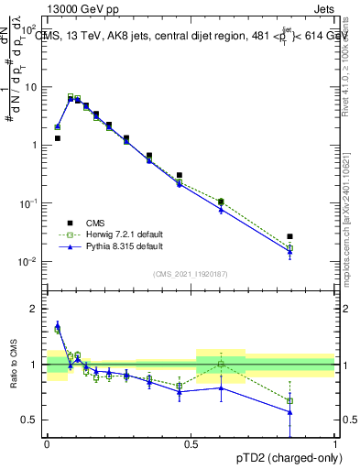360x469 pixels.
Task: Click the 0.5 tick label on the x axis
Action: coord(191,442)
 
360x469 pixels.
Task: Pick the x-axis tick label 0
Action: coord(47,442)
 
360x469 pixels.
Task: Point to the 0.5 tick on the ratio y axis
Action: coord(33,420)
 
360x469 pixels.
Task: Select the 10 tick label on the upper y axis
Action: coord(31,87)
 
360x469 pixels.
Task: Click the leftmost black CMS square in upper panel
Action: coord(57,138)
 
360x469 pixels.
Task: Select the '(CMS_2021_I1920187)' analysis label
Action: coord(191,273)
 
